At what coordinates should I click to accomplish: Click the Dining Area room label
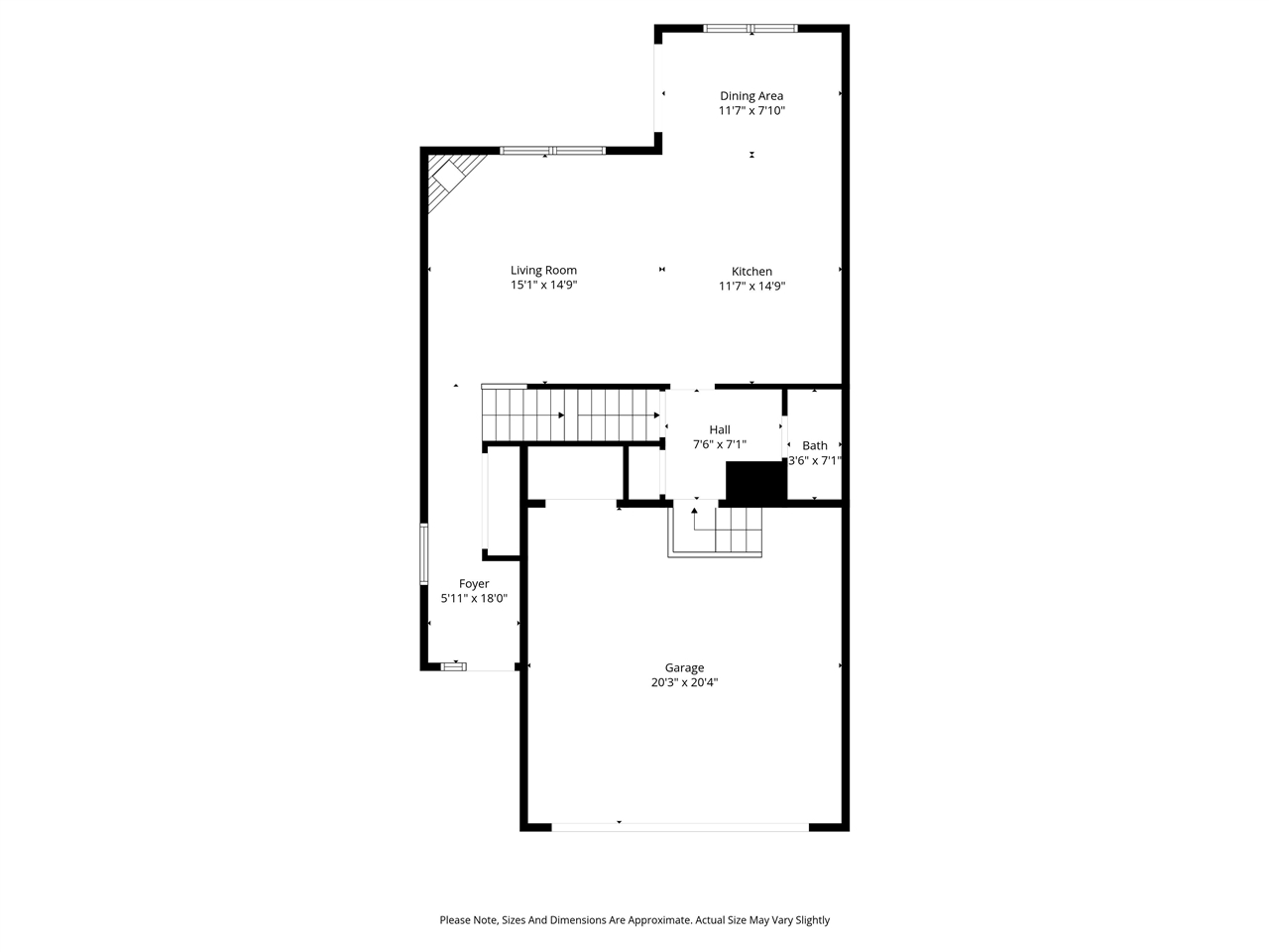(x=751, y=96)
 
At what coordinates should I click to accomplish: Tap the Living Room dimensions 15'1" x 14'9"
(x=543, y=286)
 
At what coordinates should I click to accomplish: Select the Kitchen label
(x=751, y=272)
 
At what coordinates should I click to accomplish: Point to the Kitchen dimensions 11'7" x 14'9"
(x=751, y=287)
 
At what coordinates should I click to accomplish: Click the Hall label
(x=720, y=429)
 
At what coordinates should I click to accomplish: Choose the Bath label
(x=815, y=445)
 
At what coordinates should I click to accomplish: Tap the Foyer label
(x=474, y=584)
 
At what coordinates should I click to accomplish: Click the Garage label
(x=684, y=668)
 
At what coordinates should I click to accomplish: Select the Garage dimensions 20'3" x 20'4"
(x=684, y=682)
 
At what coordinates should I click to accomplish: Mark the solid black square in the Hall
(x=755, y=482)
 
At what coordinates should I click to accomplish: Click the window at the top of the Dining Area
(x=750, y=28)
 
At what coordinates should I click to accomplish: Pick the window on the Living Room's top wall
(x=552, y=151)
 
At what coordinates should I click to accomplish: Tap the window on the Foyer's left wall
(x=423, y=553)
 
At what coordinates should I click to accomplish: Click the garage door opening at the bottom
(x=680, y=826)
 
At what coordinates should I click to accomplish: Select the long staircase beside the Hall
(x=571, y=415)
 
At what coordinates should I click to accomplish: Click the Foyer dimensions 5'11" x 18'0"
(x=474, y=599)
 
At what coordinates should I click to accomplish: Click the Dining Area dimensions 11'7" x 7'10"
(x=751, y=111)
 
